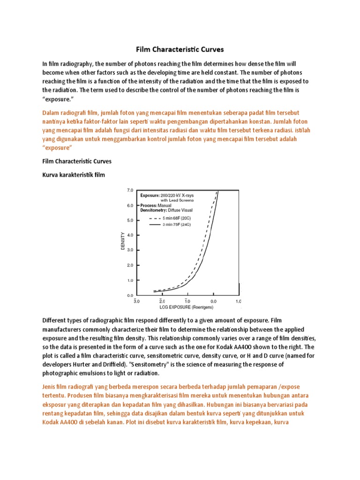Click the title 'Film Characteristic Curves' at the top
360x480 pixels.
point(180,49)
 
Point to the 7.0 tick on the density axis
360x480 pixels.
point(130,190)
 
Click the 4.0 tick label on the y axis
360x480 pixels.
point(130,235)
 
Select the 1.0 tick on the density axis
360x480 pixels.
point(130,280)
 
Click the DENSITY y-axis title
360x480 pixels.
point(123,241)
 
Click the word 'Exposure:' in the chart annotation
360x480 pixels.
point(149,194)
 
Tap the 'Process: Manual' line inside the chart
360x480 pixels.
point(157,205)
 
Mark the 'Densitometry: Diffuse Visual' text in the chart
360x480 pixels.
point(166,211)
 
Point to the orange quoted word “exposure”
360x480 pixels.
point(57,148)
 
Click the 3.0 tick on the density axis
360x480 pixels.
point(130,250)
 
